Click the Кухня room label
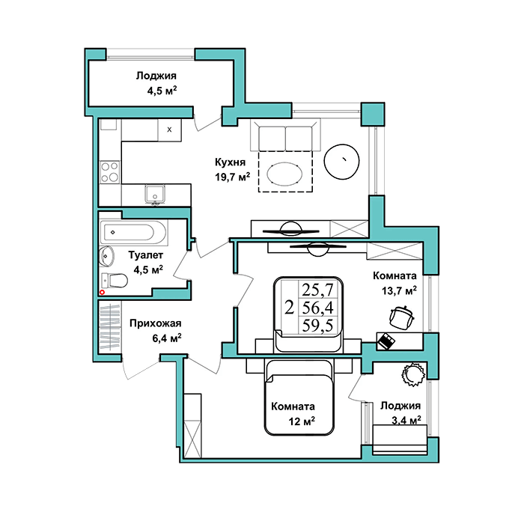click(230, 162)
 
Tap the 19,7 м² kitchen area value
click(233, 177)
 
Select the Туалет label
click(146, 255)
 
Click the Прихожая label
click(156, 323)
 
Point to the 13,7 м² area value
click(399, 290)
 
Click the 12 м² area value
click(302, 421)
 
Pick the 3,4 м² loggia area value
click(406, 420)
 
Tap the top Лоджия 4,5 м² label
click(157, 83)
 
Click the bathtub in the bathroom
click(133, 232)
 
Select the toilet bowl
click(115, 281)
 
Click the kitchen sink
click(155, 194)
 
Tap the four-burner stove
click(110, 172)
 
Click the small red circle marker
click(103, 292)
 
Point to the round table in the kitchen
click(341, 162)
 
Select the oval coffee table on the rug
click(284, 174)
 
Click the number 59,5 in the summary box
click(318, 325)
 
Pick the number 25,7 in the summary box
click(318, 290)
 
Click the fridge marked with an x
click(169, 130)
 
